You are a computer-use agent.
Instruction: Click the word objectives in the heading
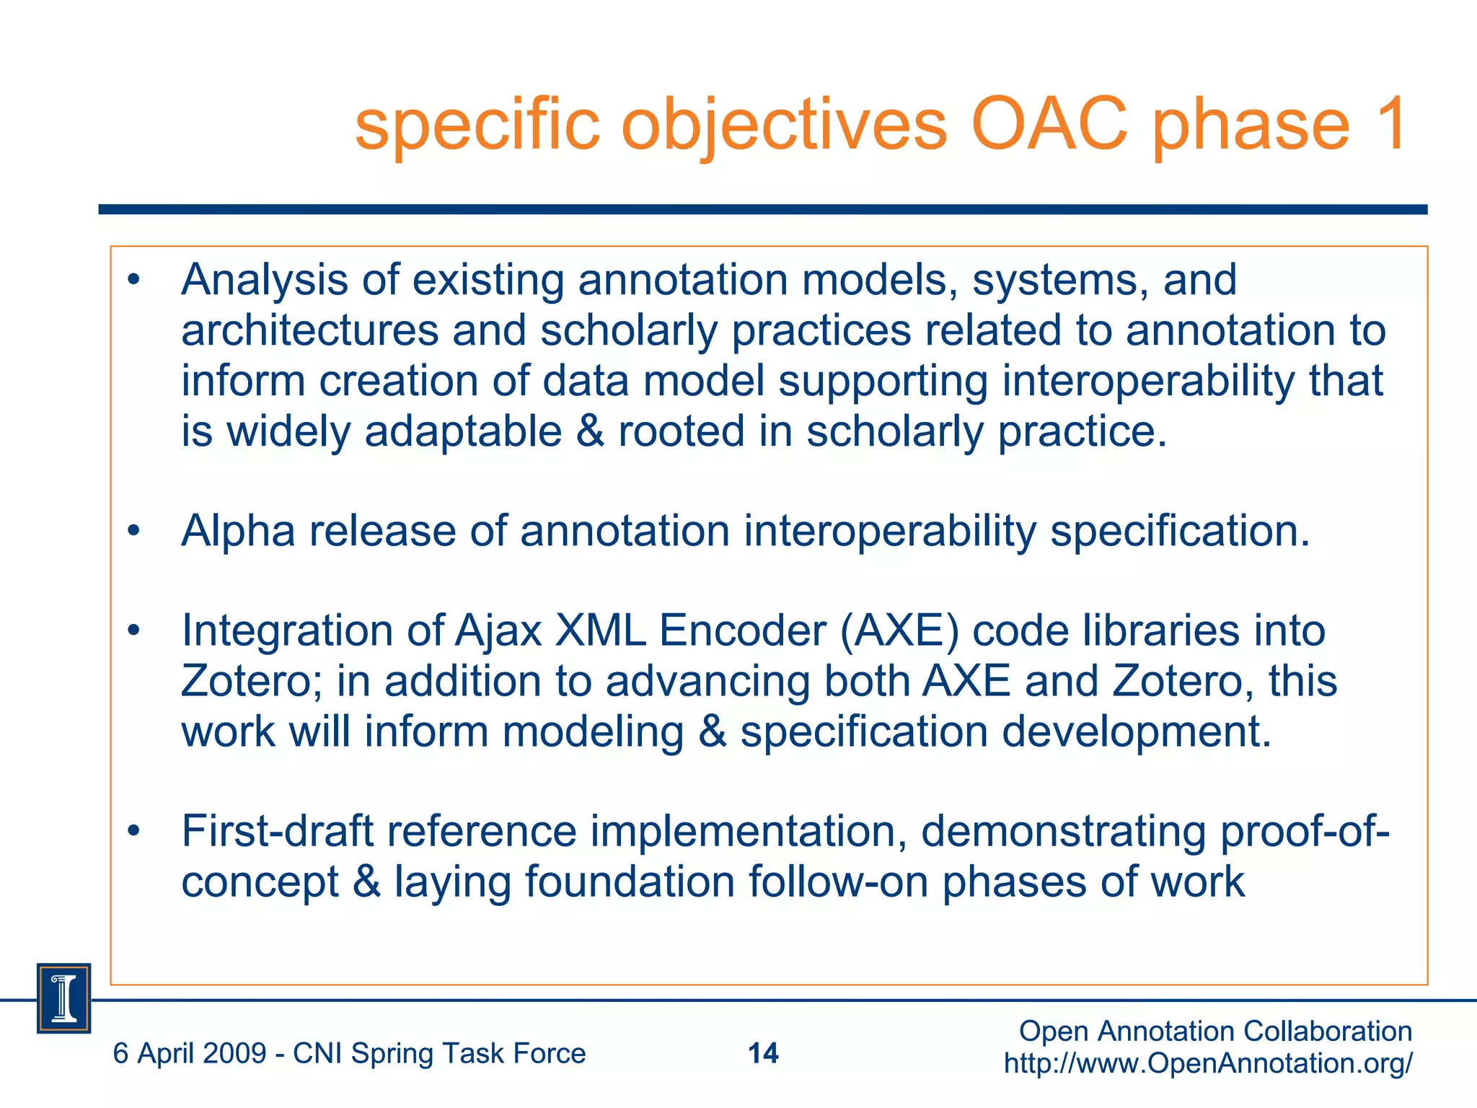(x=783, y=126)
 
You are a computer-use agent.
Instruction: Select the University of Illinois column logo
(x=63, y=998)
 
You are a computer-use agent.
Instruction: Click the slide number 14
(x=763, y=1053)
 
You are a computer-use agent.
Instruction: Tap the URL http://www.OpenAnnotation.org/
(x=1208, y=1063)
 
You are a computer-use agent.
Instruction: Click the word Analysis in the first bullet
(x=264, y=281)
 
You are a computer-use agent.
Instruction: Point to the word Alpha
(x=238, y=532)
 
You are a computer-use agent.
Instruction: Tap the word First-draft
(x=277, y=831)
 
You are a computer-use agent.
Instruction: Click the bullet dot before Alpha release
(x=133, y=532)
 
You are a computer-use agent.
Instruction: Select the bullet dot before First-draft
(x=133, y=832)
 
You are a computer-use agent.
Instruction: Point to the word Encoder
(x=742, y=631)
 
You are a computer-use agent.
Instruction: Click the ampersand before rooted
(x=590, y=431)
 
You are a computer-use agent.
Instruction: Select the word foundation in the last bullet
(x=629, y=882)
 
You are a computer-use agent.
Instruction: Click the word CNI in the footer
(x=317, y=1054)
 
